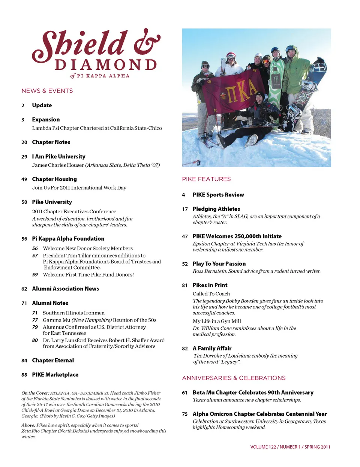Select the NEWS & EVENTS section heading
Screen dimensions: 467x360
click(x=47, y=91)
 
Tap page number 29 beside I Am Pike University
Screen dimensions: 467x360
click(x=24, y=157)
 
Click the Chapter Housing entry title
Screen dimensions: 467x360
click(x=54, y=179)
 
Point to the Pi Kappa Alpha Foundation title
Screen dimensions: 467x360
click(x=68, y=239)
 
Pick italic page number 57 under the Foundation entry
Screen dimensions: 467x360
click(x=35, y=256)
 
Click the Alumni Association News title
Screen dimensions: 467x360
click(x=66, y=289)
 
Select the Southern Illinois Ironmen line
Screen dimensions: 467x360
click(x=73, y=313)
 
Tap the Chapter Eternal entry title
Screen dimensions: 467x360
click(x=53, y=361)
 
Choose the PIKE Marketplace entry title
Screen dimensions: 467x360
click(x=55, y=375)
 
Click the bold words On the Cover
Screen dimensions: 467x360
click(x=35, y=393)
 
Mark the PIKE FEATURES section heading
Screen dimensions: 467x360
click(x=206, y=179)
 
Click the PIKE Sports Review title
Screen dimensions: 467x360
click(x=218, y=195)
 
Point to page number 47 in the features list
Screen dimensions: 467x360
click(x=185, y=236)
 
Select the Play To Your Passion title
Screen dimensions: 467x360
click(x=219, y=264)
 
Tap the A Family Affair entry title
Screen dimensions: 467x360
click(x=212, y=349)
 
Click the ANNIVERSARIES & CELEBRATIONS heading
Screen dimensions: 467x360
click(x=234, y=378)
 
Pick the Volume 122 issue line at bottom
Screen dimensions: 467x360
click(x=290, y=447)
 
